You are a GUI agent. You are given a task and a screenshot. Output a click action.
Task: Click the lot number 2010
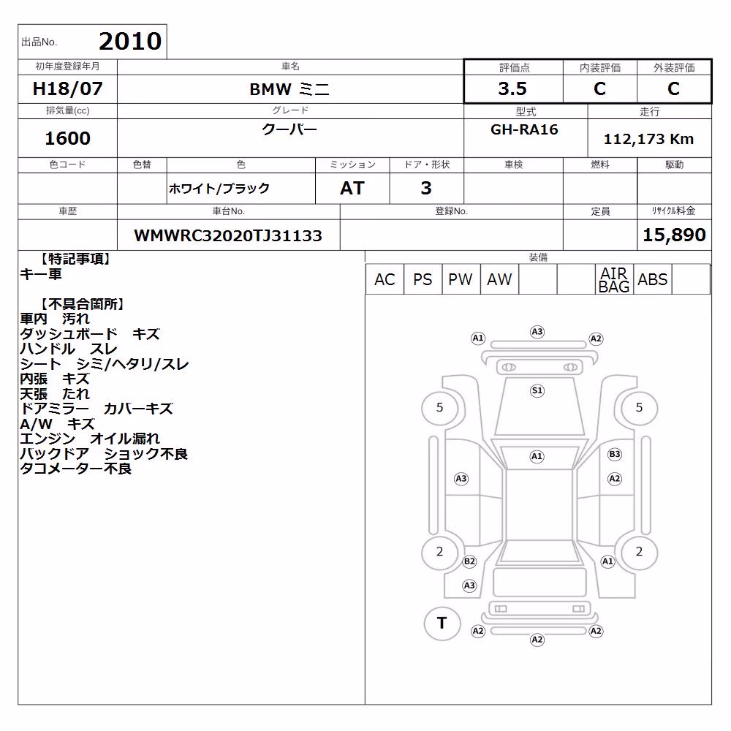click(130, 42)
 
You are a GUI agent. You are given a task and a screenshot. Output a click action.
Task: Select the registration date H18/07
click(67, 88)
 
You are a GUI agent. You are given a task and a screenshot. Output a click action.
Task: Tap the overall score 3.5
click(512, 88)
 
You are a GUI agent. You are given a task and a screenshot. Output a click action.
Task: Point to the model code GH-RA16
click(524, 129)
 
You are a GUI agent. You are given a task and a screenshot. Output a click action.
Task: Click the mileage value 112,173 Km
click(648, 139)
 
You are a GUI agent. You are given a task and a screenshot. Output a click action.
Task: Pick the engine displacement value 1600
click(67, 138)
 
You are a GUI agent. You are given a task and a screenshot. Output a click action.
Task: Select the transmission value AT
click(352, 189)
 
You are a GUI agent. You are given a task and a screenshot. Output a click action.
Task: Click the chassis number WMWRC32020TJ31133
click(228, 235)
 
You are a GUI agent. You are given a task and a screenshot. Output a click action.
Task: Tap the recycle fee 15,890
click(674, 235)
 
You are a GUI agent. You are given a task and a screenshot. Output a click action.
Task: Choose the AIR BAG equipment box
click(614, 279)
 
